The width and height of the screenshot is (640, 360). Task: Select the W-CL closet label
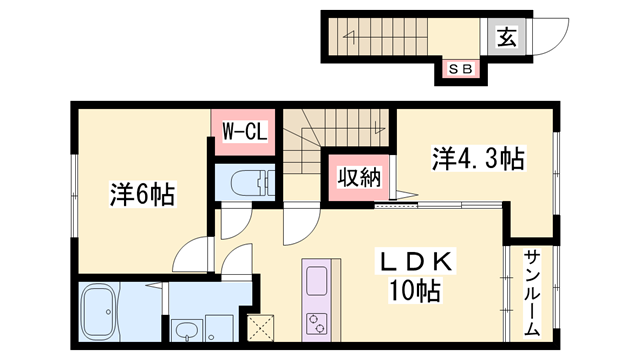pyautogui.click(x=241, y=130)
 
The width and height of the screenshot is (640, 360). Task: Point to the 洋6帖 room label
pyautogui.click(x=141, y=194)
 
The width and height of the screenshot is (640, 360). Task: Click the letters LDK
pyautogui.click(x=414, y=263)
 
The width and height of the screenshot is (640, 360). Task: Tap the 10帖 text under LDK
pyautogui.click(x=414, y=292)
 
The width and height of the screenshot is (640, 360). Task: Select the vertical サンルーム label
pyautogui.click(x=531, y=290)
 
